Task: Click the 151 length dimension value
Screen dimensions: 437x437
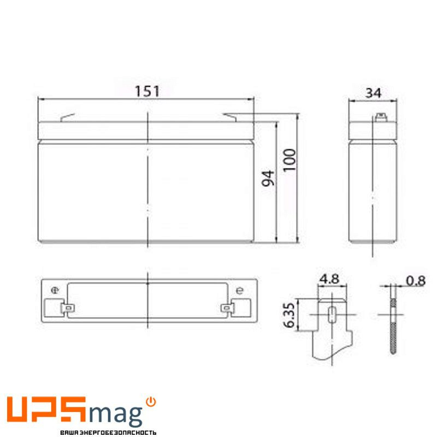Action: pyautogui.click(x=147, y=91)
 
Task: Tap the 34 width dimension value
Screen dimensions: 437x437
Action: pyautogui.click(x=373, y=93)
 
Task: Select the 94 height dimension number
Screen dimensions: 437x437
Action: pyautogui.click(x=268, y=178)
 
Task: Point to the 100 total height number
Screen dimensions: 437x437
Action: pyautogui.click(x=290, y=160)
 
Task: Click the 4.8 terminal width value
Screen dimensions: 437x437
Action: pyautogui.click(x=329, y=279)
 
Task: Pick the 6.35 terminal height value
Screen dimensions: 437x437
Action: pyautogui.click(x=289, y=315)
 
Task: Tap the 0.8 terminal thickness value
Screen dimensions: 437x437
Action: pyautogui.click(x=416, y=281)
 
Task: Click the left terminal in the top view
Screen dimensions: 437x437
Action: pyautogui.click(x=68, y=308)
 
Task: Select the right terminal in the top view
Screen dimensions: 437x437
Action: pyautogui.click(x=227, y=308)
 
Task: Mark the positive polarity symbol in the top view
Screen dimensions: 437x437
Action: pyautogui.click(x=55, y=291)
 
